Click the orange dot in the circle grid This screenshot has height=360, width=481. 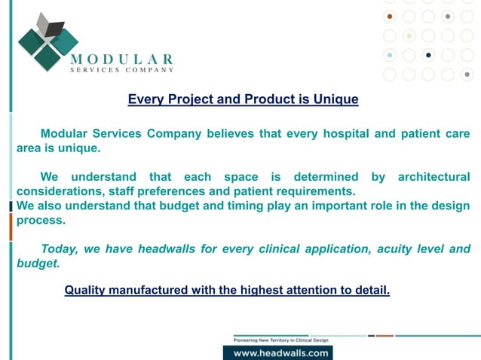pyautogui.click(x=390, y=16)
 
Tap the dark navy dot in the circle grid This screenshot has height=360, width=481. pyautogui.click(x=429, y=54)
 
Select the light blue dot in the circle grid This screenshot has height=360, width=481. pyautogui.click(x=390, y=54)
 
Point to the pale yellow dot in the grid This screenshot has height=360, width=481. pyautogui.click(x=409, y=35)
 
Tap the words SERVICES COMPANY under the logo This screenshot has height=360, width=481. pyautogui.click(x=121, y=70)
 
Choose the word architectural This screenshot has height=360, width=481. pyautogui.click(x=433, y=177)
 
